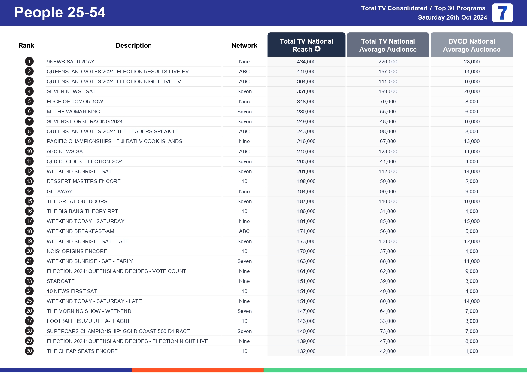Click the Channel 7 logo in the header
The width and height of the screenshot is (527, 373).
click(502, 13)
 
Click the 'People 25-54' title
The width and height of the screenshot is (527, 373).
click(60, 13)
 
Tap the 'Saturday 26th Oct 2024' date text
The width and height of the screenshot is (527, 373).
click(452, 17)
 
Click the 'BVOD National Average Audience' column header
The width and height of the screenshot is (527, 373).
click(471, 45)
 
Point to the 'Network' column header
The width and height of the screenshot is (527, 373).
click(244, 45)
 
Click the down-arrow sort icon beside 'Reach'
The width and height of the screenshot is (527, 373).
click(318, 49)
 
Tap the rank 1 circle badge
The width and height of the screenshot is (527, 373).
click(29, 62)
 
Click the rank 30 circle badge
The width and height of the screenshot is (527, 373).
click(29, 351)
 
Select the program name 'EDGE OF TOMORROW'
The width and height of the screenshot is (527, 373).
click(75, 102)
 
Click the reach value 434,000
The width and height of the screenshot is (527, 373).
click(306, 62)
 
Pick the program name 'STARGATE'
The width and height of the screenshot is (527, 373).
click(61, 281)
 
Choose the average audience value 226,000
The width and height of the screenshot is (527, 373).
click(388, 62)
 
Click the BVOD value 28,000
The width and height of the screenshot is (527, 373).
click(471, 62)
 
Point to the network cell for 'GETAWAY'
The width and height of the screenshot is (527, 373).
click(244, 191)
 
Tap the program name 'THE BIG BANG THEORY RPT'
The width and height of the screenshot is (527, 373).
click(82, 211)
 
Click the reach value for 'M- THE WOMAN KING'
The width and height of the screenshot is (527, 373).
click(306, 112)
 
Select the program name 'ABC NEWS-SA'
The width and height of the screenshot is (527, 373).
click(65, 151)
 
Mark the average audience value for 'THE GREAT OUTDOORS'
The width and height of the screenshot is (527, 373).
click(388, 201)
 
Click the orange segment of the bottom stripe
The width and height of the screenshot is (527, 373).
click(197, 370)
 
